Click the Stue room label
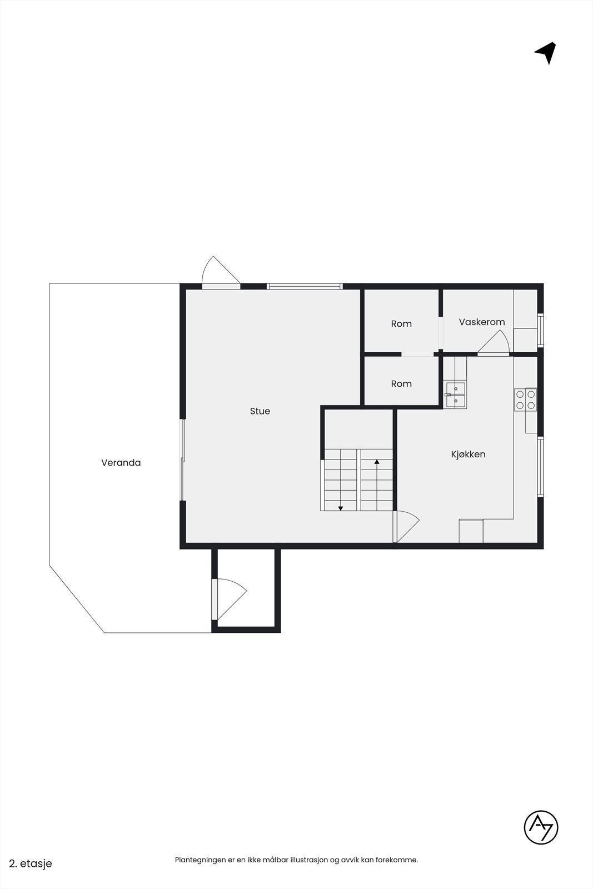[x=260, y=411]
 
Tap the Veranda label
[x=121, y=462]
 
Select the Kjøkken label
[x=468, y=454]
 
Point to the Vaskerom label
[x=482, y=322]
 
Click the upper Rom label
[x=401, y=323]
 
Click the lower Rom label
[x=401, y=383]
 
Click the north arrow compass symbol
[x=546, y=53]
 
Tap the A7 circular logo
[x=541, y=828]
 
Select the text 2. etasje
[x=31, y=863]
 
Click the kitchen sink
[x=455, y=394]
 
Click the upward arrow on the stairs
[x=377, y=462]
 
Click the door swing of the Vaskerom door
[x=495, y=343]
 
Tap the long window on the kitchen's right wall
[x=540, y=466]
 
